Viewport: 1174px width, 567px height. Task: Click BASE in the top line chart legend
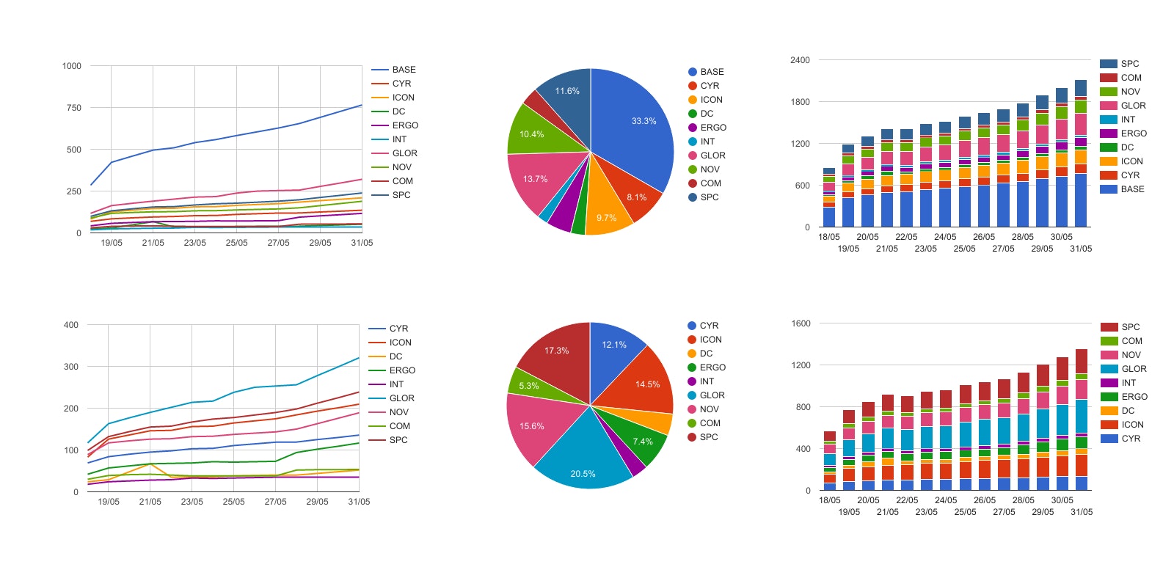(x=404, y=70)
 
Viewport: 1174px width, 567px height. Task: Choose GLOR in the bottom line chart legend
(x=401, y=398)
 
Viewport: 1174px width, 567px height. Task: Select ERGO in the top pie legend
(x=712, y=128)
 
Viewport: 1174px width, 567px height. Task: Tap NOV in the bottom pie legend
(x=709, y=409)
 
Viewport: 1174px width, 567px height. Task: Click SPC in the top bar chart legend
(x=1130, y=64)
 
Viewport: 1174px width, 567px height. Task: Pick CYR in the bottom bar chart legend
(x=1131, y=439)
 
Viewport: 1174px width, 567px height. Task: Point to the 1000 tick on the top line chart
(x=72, y=66)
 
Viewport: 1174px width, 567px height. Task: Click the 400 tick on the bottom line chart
(x=71, y=325)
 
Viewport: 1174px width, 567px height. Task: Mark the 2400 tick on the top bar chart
(x=800, y=60)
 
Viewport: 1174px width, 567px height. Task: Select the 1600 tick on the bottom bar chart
(x=801, y=323)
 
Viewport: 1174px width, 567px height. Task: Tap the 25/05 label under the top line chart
(x=236, y=243)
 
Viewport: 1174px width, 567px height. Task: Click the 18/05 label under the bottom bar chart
(x=830, y=500)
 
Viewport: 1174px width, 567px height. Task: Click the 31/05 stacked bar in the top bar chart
(x=1081, y=154)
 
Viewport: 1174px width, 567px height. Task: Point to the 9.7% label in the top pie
(x=606, y=218)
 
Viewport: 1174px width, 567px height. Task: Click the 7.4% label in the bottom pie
(x=643, y=442)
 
